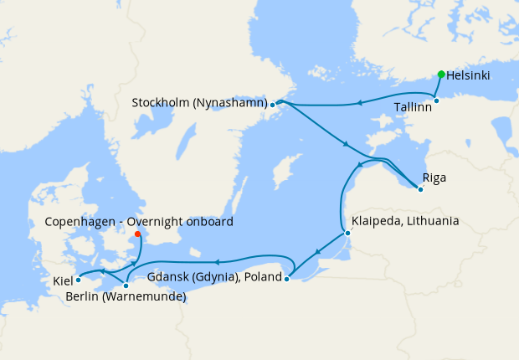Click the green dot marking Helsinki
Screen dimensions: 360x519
tap(441, 75)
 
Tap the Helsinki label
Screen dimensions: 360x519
tap(469, 75)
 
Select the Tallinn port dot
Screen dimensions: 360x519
tap(436, 100)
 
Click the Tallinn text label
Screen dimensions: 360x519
tap(414, 107)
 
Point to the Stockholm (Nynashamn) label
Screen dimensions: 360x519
tap(199, 103)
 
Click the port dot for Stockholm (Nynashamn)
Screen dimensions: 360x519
tap(273, 105)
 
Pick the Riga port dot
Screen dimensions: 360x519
tap(420, 189)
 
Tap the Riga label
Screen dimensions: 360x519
tap(435, 177)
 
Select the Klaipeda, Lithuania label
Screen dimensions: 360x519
tap(405, 221)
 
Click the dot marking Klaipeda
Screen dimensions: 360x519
tap(347, 234)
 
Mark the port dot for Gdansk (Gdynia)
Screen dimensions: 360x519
tap(286, 280)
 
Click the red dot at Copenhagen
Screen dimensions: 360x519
tap(137, 234)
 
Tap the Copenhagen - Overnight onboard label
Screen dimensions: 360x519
tap(139, 222)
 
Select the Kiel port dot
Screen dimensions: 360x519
tap(78, 280)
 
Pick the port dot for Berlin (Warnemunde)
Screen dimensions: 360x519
tap(126, 286)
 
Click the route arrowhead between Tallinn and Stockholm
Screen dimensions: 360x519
tap(358, 103)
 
